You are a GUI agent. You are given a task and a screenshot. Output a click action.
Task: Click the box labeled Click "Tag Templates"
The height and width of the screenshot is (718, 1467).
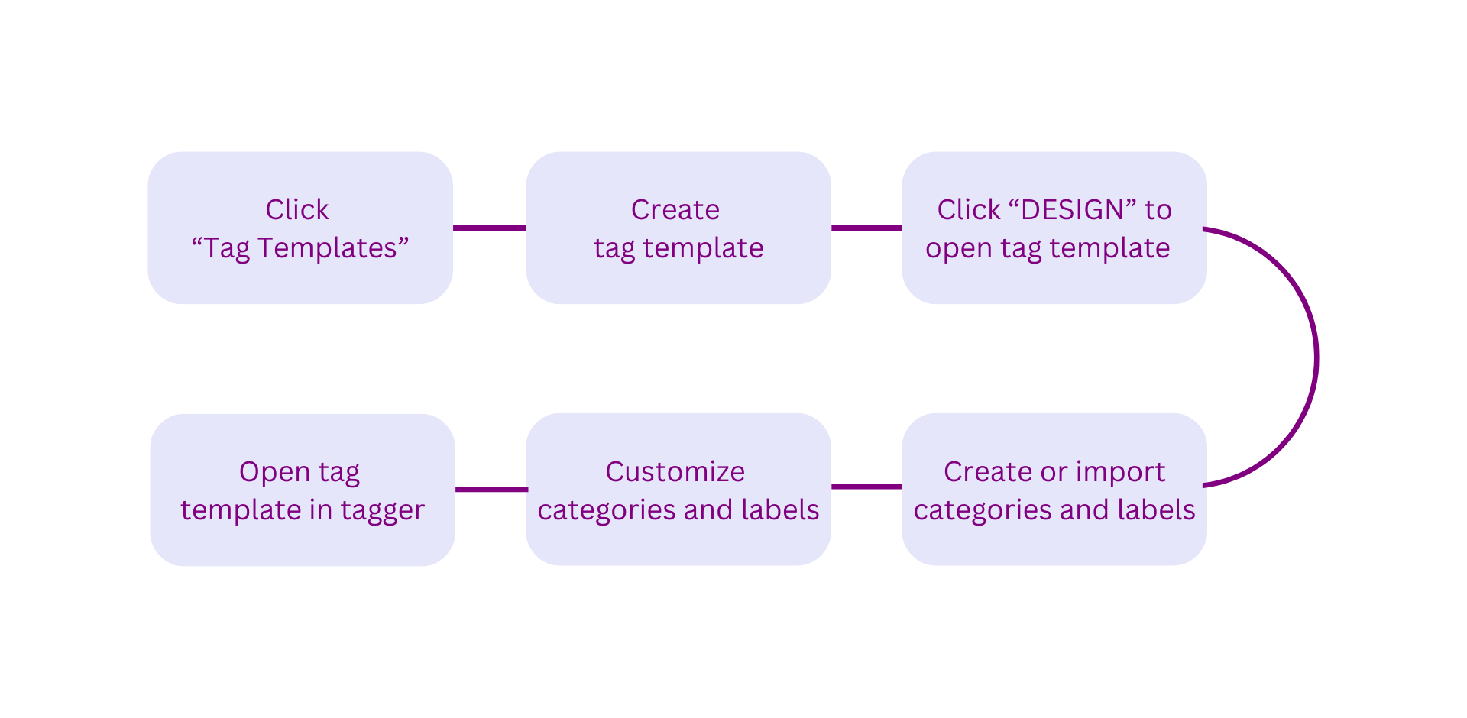click(x=300, y=228)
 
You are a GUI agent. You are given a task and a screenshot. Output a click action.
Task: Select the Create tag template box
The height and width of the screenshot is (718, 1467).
click(x=678, y=228)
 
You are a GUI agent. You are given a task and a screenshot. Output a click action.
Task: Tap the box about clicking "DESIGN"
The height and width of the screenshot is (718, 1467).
click(x=1054, y=228)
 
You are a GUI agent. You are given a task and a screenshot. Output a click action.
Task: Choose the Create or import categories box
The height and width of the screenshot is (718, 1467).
click(x=1054, y=489)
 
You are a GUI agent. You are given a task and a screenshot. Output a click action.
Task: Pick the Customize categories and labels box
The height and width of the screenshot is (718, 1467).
click(x=678, y=489)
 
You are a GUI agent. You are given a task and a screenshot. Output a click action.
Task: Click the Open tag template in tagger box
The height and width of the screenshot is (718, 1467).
click(x=303, y=490)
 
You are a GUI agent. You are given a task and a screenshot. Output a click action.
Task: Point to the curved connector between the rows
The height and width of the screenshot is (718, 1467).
click(x=1317, y=357)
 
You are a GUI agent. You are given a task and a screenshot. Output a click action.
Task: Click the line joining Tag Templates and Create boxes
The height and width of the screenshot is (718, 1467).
click(x=490, y=228)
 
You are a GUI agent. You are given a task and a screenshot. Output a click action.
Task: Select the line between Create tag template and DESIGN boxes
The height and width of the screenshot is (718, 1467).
click(x=866, y=228)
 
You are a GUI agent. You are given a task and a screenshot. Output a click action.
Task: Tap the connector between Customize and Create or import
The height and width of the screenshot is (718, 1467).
click(x=866, y=486)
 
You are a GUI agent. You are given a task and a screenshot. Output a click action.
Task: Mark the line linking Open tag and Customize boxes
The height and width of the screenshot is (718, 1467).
click(x=491, y=489)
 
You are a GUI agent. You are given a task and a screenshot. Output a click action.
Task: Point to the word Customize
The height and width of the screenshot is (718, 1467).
click(x=675, y=471)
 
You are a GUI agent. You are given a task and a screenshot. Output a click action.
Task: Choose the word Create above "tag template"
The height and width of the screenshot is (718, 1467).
click(x=675, y=209)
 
